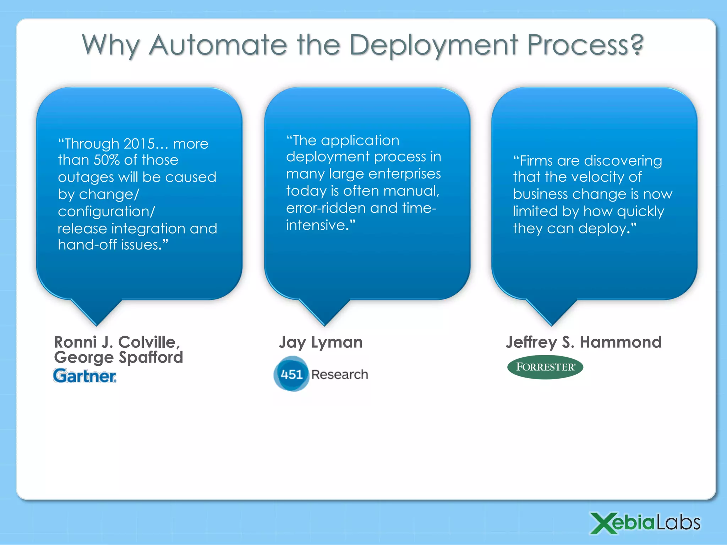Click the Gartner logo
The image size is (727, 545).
pyautogui.click(x=84, y=376)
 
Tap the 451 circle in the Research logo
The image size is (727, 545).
pyautogui.click(x=291, y=374)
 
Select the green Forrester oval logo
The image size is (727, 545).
pyautogui.click(x=545, y=367)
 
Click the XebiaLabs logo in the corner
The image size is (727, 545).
pyautogui.click(x=645, y=523)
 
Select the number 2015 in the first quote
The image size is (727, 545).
pyautogui.click(x=140, y=144)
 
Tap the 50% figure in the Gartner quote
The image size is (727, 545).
pyautogui.click(x=106, y=160)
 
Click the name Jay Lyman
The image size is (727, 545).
pyautogui.click(x=321, y=342)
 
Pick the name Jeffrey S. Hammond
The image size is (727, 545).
pyautogui.click(x=584, y=342)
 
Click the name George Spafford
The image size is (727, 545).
pyautogui.click(x=119, y=357)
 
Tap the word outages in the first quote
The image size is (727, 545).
pyautogui.click(x=86, y=177)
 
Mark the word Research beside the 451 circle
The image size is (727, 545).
pyautogui.click(x=340, y=375)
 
